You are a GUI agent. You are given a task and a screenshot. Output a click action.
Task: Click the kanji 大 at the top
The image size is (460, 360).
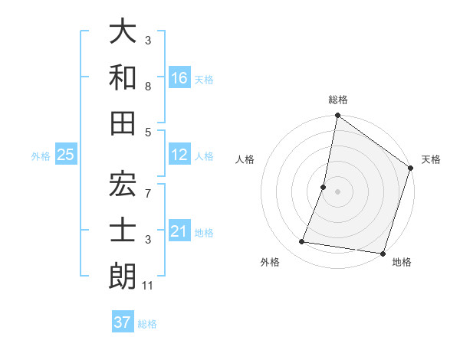pos(123,33)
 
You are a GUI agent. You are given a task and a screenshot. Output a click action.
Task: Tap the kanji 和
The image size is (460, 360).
pos(123,77)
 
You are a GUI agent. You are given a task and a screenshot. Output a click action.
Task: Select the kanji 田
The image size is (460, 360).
pos(123,122)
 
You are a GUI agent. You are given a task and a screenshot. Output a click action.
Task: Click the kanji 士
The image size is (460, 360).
pos(123,231)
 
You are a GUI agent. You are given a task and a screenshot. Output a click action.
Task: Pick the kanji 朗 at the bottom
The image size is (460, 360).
pos(123,277)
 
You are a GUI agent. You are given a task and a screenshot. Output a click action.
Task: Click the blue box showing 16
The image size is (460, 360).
pos(179,77)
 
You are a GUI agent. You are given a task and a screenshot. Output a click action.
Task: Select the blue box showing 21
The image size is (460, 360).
pos(179,232)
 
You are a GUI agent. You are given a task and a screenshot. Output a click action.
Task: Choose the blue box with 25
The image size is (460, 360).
pos(66,155)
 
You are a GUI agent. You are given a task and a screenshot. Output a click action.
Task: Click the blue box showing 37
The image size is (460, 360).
pos(123,322)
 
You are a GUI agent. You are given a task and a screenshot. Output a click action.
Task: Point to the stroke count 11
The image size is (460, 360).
pos(148,286)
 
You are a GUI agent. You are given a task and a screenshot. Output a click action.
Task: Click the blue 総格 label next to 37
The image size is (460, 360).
pos(147,324)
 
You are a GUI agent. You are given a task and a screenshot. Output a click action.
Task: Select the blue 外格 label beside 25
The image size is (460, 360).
pos(41,156)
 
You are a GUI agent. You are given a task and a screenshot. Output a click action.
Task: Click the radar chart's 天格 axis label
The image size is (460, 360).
pos(431,159)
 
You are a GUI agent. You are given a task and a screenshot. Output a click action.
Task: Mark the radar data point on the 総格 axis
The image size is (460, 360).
pos(337,116)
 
